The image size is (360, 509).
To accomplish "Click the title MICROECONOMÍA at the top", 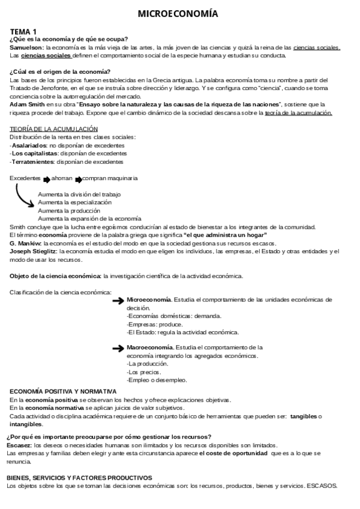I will (x=178, y=13).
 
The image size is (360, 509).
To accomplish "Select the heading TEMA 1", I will (x=23, y=31).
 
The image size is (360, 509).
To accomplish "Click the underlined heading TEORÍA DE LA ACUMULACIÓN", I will (x=53, y=129).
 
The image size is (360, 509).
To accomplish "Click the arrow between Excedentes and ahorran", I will (x=46, y=179).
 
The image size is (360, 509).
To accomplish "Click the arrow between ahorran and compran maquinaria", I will (x=78, y=179).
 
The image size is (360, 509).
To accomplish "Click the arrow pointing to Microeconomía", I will (x=118, y=300).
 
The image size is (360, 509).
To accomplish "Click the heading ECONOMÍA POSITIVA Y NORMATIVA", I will (x=63, y=391).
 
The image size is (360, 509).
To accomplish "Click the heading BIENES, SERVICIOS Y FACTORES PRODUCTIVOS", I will (x=80, y=477).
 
